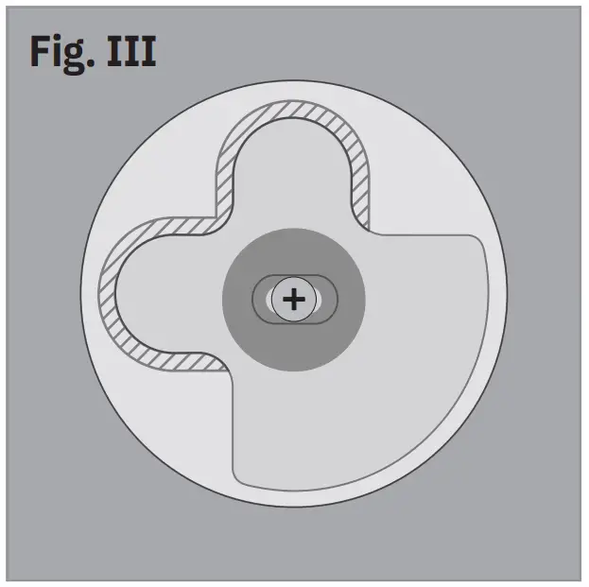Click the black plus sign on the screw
tap(294, 300)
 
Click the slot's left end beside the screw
tap(262, 300)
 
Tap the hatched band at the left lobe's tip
tap(107, 293)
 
